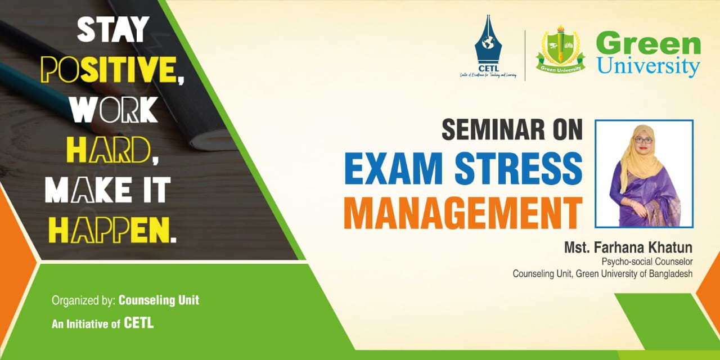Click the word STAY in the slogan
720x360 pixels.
pyautogui.click(x=113, y=29)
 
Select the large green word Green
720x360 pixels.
pyautogui.click(x=648, y=44)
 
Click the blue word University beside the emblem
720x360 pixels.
pyautogui.click(x=648, y=66)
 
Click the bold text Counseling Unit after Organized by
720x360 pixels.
pyautogui.click(x=159, y=300)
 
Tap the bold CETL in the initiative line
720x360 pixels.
pyautogui.click(x=139, y=323)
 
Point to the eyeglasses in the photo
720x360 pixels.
pyautogui.click(x=643, y=139)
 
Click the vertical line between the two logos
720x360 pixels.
pyautogui.click(x=525, y=55)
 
